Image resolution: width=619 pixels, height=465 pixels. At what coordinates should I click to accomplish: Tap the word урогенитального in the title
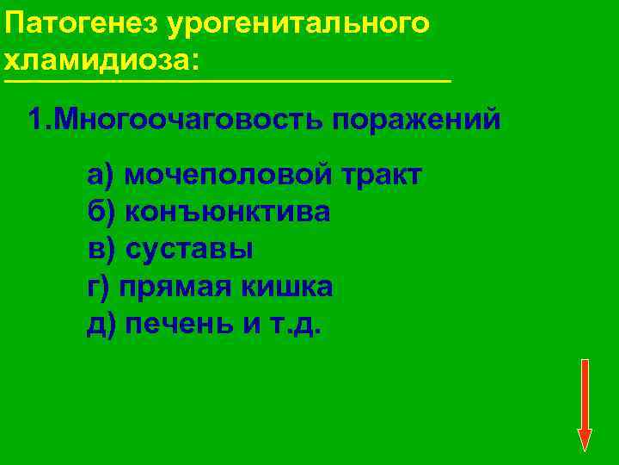297,23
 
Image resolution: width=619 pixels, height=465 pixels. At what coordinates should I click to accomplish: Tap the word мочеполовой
228,175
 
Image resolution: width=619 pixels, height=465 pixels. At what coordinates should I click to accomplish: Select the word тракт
382,175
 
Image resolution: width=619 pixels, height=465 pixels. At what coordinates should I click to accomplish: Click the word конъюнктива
228,212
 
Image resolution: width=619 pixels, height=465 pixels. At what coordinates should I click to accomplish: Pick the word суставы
189,250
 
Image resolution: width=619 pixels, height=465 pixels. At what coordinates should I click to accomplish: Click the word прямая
174,287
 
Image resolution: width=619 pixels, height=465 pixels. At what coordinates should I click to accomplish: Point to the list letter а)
100,175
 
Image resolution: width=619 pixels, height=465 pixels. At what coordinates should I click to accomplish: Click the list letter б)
100,212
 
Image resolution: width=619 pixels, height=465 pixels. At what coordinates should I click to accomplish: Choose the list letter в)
100,250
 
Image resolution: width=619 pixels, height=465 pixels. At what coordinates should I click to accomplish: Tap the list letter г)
98,287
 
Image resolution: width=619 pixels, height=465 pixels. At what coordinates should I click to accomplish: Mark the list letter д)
100,325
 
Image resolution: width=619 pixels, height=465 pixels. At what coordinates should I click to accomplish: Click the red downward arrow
585,405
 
